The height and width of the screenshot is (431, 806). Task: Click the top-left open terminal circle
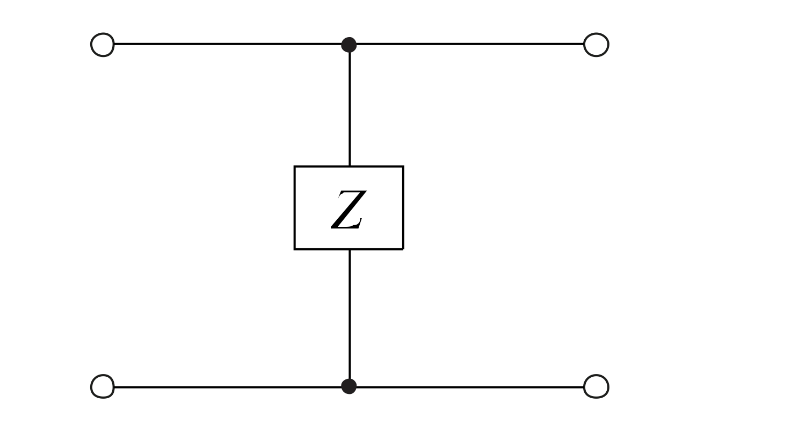pyautogui.click(x=102, y=45)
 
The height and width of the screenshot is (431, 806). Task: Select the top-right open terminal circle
pyautogui.click(x=596, y=45)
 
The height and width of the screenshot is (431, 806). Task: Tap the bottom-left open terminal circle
pyautogui.click(x=102, y=386)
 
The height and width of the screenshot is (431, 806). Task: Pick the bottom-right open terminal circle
pyautogui.click(x=596, y=386)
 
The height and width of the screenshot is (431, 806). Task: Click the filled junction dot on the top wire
pyautogui.click(x=349, y=45)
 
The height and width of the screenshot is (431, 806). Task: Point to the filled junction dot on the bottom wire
pyautogui.click(x=349, y=386)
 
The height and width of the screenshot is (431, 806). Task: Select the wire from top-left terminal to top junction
pyautogui.click(x=226, y=44)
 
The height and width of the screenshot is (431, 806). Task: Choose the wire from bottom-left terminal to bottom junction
pyautogui.click(x=226, y=387)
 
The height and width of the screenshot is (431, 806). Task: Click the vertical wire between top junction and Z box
pyautogui.click(x=350, y=107)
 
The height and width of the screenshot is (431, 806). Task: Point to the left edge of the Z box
pyautogui.click(x=295, y=208)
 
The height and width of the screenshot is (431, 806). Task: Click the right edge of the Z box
pyautogui.click(x=403, y=208)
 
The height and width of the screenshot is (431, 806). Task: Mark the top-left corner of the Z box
pyautogui.click(x=295, y=167)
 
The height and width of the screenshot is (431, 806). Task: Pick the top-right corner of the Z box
pyautogui.click(x=403, y=167)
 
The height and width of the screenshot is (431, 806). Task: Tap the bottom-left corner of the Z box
pyautogui.click(x=295, y=249)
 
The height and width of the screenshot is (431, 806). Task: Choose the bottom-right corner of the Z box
pyautogui.click(x=403, y=249)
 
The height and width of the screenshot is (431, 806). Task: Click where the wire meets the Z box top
pyautogui.click(x=350, y=167)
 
